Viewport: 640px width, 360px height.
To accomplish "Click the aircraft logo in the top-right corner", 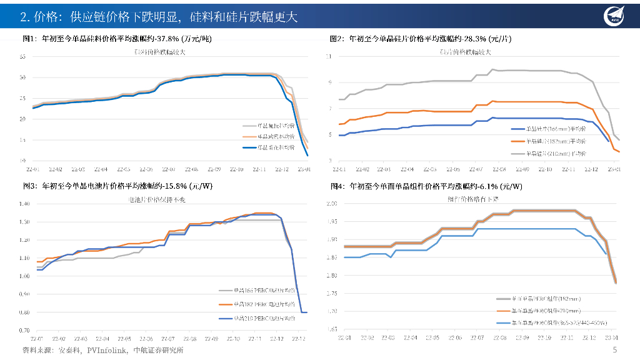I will pyautogui.click(x=614, y=17).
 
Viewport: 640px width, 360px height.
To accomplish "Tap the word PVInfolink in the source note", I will pyautogui.click(x=89, y=350).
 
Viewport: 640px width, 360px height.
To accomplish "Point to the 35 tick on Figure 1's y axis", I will pyautogui.click(x=22, y=57).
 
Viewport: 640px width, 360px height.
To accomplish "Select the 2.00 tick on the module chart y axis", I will pyautogui.click(x=332, y=204).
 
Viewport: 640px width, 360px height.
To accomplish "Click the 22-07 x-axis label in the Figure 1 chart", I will pyautogui.click(x=169, y=169).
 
